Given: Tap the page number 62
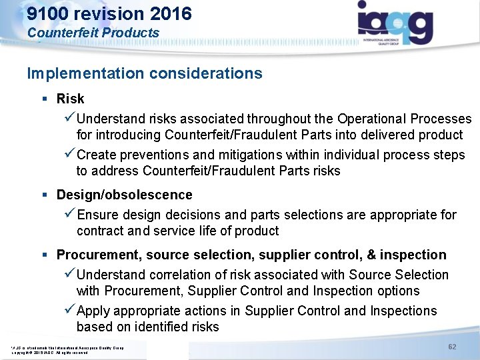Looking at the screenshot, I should point(452,347).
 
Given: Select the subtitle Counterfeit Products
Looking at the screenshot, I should point(93,33).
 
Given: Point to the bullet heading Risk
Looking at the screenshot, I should point(70,99).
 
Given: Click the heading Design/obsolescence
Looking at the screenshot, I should point(124,195).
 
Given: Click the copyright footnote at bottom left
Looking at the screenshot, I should point(67,351).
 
